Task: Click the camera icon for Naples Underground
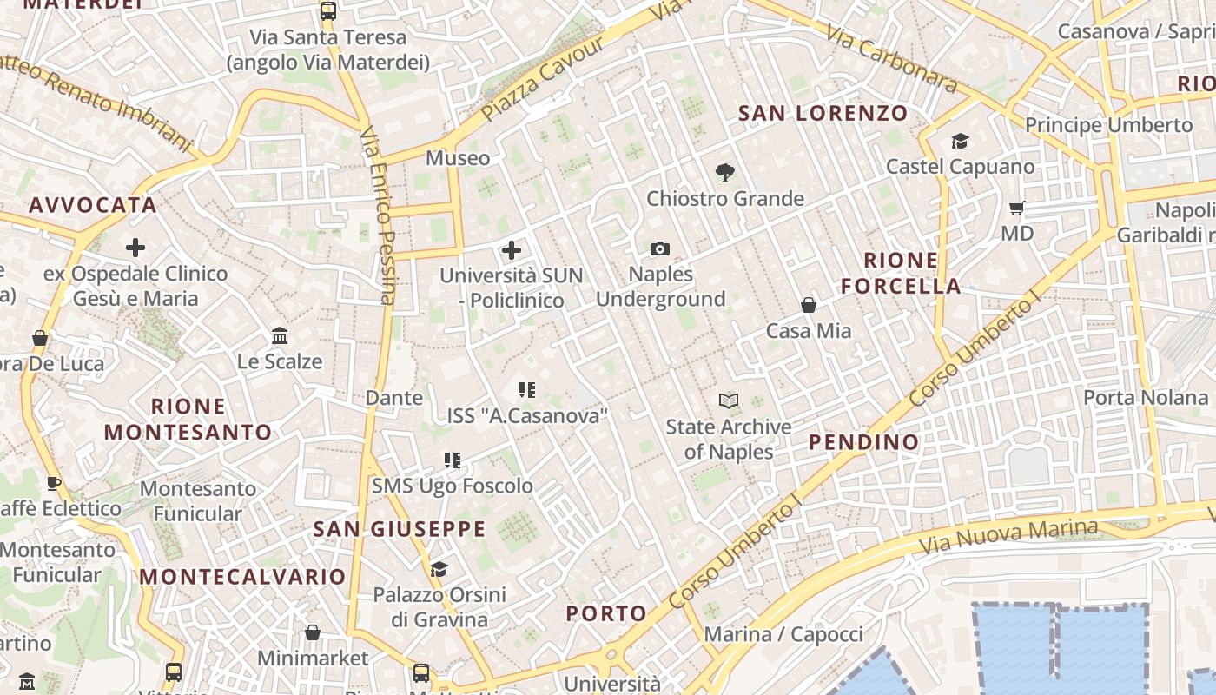tap(660, 249)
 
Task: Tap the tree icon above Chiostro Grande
tap(724, 173)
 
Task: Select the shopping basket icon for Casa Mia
tap(809, 305)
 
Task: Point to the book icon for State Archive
tap(729, 400)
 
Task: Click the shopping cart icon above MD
tap(1017, 208)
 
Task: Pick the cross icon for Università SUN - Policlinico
tap(512, 250)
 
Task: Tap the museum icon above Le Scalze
tap(280, 335)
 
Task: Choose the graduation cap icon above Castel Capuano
tap(960, 141)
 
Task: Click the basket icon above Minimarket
tap(313, 632)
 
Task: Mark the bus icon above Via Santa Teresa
tap(327, 11)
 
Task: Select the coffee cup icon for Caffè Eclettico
tap(54, 483)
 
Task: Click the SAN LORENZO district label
tap(823, 113)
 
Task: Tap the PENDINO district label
tap(863, 441)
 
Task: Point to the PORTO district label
tap(606, 613)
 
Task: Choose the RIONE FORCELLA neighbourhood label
tap(901, 273)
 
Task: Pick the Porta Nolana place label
tap(1145, 397)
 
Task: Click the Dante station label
tap(393, 398)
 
